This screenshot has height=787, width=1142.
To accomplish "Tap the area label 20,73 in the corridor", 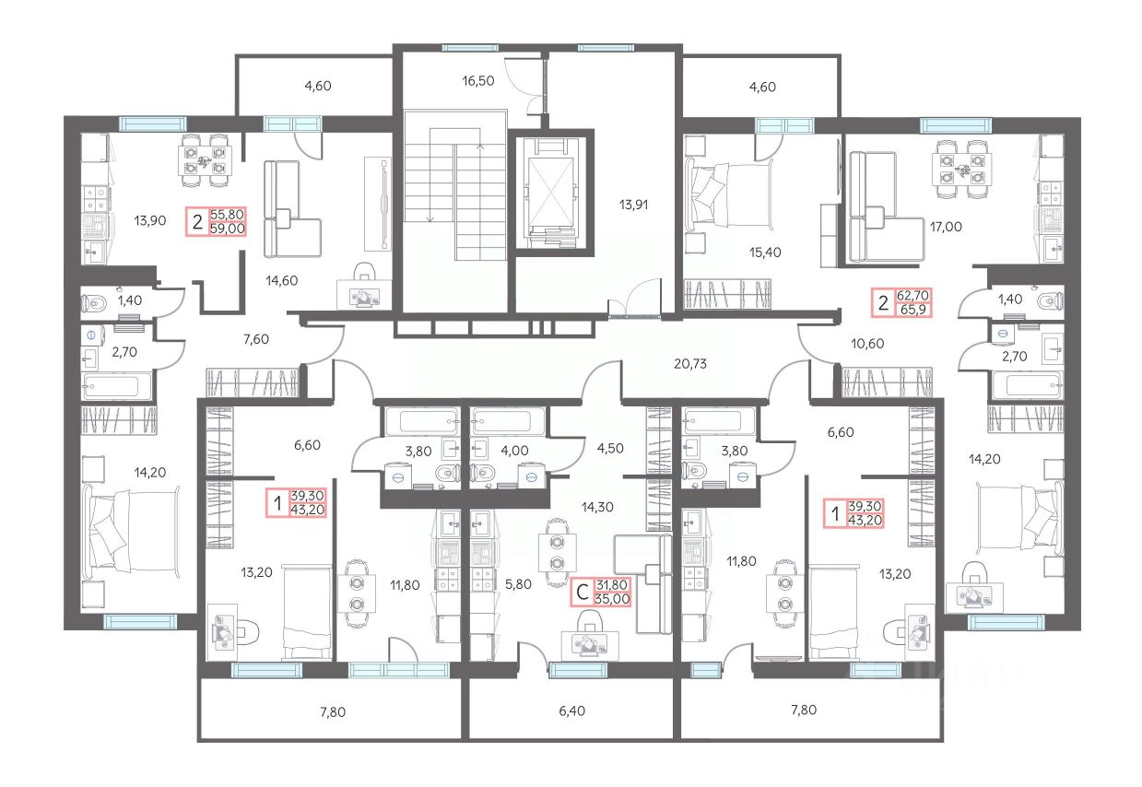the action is [x=690, y=363].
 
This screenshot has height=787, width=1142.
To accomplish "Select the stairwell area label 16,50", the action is [x=478, y=80].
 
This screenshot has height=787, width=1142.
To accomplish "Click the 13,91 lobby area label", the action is [x=634, y=205].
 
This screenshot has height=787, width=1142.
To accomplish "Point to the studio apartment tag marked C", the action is [x=601, y=592].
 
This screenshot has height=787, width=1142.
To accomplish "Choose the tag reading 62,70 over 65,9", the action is [x=902, y=303].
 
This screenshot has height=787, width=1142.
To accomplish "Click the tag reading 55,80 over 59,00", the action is [x=217, y=221].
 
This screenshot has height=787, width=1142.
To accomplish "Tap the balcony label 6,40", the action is [x=572, y=711].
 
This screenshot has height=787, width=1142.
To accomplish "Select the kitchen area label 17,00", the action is [x=946, y=227].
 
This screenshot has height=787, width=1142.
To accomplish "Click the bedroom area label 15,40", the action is [x=765, y=253].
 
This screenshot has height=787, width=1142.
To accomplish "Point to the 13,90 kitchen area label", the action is [x=150, y=220].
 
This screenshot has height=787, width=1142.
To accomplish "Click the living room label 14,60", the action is [x=282, y=280].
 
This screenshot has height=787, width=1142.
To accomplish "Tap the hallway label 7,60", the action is [x=256, y=339].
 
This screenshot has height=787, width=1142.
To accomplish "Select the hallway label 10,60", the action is [x=867, y=344].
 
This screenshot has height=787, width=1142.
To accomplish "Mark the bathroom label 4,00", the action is [x=515, y=451].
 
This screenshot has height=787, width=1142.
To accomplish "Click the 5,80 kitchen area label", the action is [x=518, y=584].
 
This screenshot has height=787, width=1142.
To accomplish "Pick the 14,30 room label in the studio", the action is [x=597, y=507].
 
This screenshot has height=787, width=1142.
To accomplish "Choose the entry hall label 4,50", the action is [x=610, y=448].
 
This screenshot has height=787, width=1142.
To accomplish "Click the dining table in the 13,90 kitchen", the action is [x=205, y=160].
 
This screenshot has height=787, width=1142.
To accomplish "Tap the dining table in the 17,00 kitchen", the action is [x=962, y=170].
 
